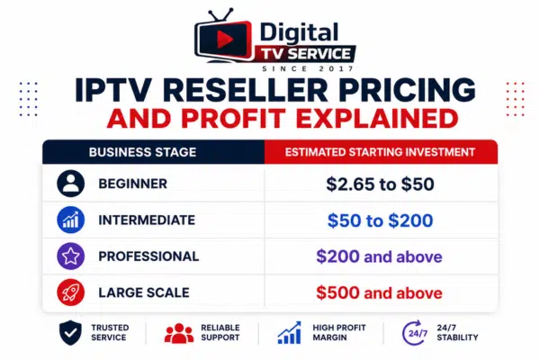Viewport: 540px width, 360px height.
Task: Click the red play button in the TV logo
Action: pos(225,40)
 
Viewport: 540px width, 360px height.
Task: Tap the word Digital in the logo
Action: pos(299,32)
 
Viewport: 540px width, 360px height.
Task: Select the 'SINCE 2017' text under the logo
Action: pos(308,68)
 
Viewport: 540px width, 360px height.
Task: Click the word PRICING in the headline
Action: pos(409,90)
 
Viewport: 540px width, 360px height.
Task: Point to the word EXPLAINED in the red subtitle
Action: pos(377,119)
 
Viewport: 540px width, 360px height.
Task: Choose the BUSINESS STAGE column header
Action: pos(142,152)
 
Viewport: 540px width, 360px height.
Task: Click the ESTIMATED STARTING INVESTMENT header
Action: pos(380,152)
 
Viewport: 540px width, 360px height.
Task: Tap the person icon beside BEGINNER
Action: pos(70,184)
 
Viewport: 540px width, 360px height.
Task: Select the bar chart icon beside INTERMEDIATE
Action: pos(70,220)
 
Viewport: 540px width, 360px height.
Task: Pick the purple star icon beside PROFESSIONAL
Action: pos(70,256)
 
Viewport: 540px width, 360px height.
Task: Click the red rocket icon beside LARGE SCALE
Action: pos(70,292)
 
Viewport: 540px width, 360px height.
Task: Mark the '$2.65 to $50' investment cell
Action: pos(380,184)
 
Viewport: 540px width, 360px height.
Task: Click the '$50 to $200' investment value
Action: pos(380,220)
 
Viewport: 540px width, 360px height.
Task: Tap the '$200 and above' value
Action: pos(379,256)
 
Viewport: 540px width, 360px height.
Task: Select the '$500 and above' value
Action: pos(379,292)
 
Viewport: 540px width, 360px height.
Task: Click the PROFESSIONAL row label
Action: pos(148,256)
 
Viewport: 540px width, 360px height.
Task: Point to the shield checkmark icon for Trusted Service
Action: pos(70,332)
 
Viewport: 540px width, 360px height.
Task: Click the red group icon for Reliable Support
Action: pos(179,333)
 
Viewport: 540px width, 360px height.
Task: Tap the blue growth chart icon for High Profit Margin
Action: pos(289,333)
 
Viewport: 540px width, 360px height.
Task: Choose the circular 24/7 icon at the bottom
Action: pos(415,333)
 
